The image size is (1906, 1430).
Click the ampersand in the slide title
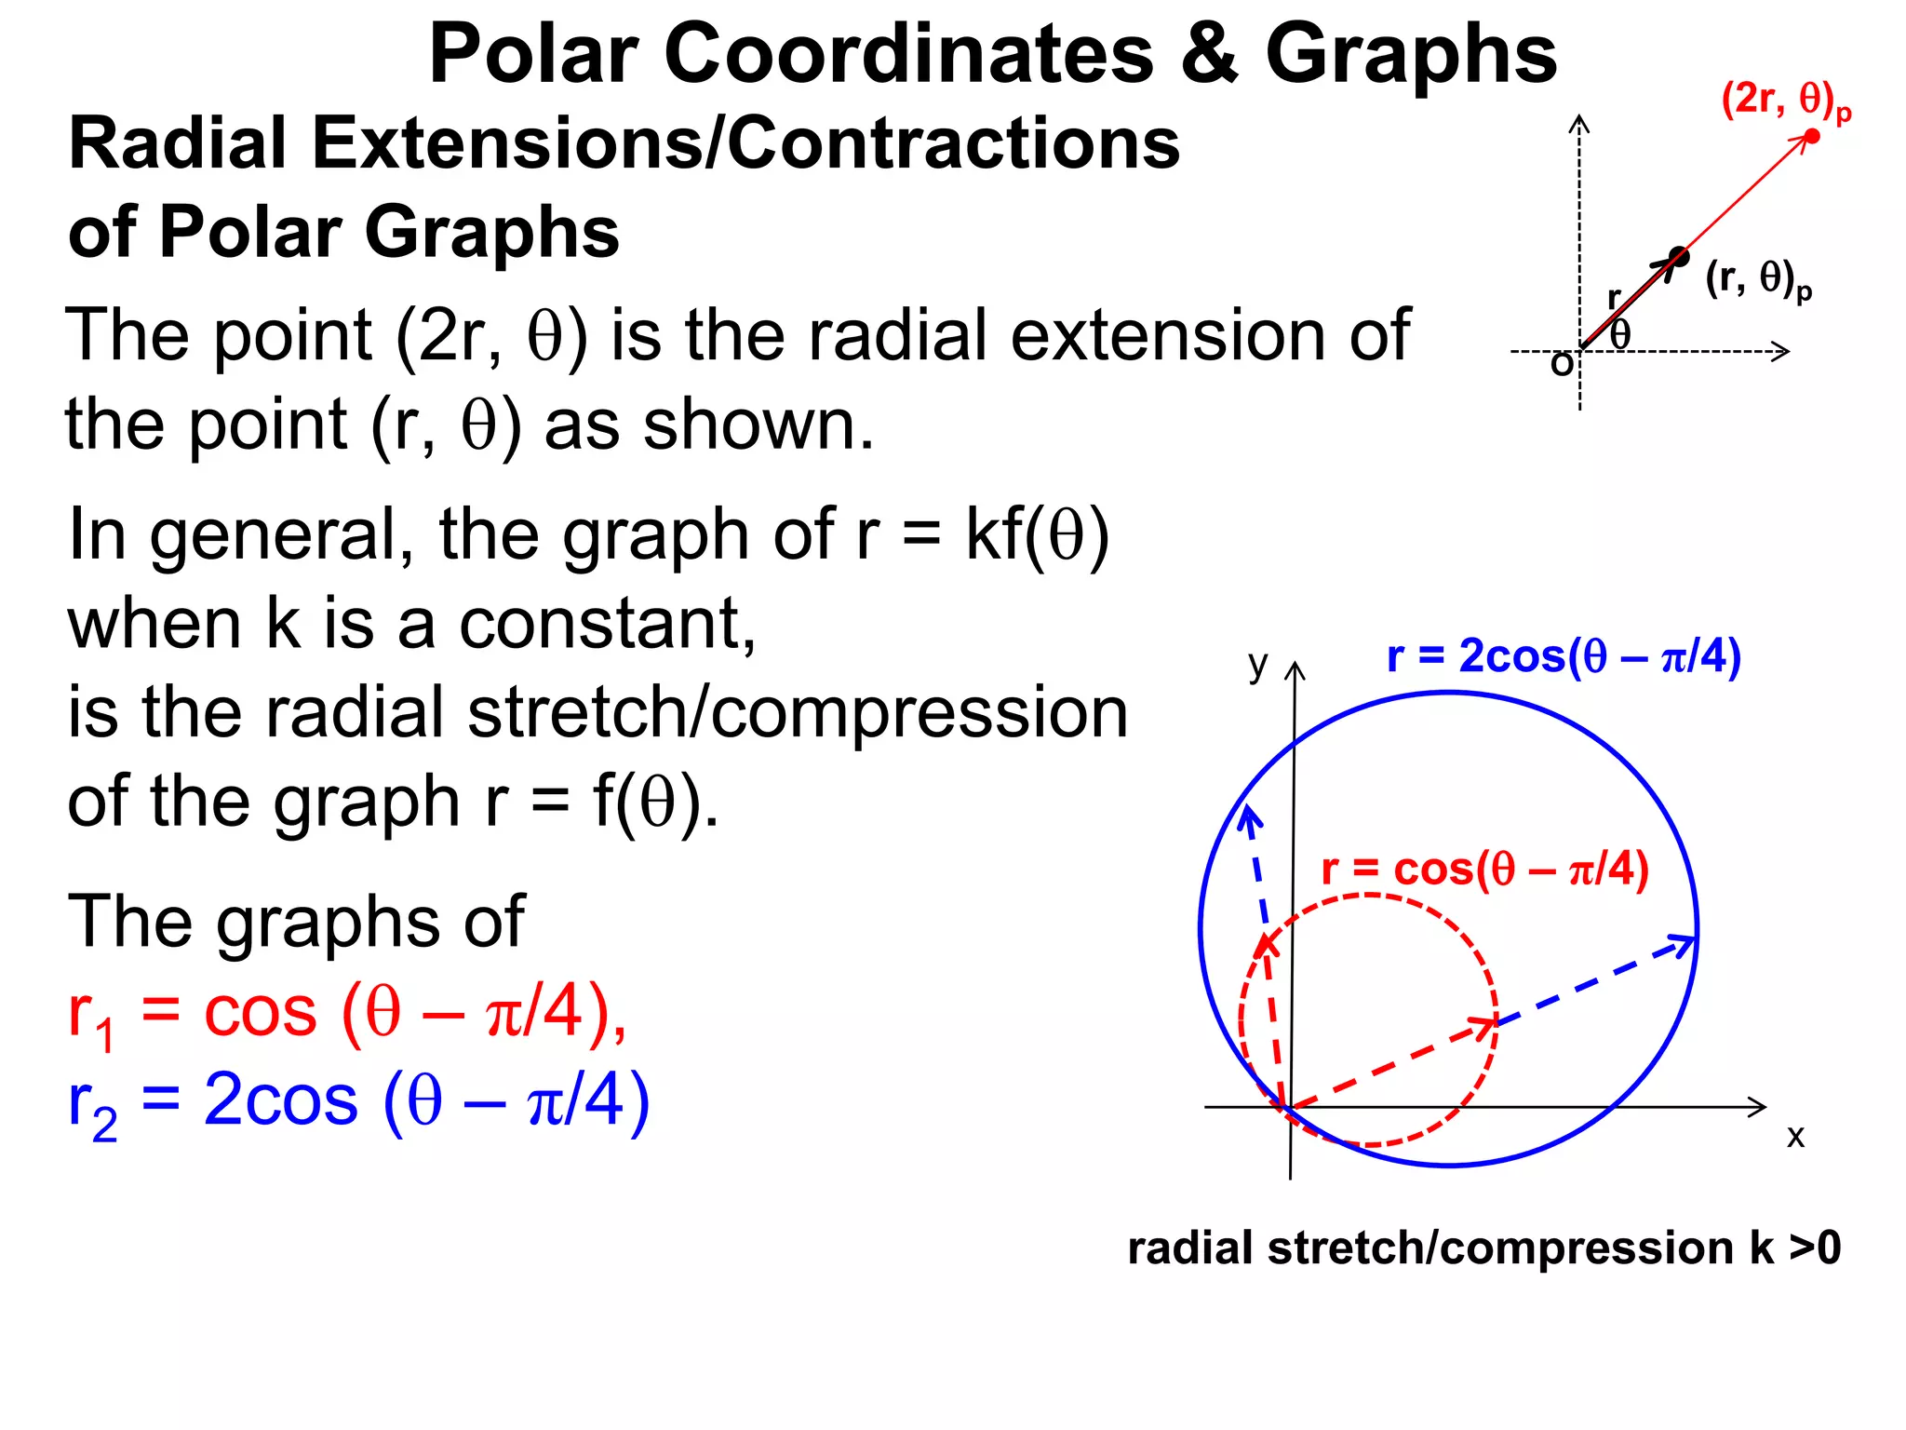[1209, 54]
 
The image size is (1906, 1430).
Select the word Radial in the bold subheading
[177, 144]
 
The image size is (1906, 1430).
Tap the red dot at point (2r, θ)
[1811, 137]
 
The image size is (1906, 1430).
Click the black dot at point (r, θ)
[1678, 256]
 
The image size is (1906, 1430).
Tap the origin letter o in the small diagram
[1561, 363]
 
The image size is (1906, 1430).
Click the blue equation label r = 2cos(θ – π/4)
[1563, 656]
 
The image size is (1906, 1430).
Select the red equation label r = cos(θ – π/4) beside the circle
[1484, 870]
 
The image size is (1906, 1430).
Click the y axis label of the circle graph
[1257, 664]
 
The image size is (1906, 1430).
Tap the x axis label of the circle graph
[1795, 1136]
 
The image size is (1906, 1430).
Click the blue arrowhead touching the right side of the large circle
[1683, 944]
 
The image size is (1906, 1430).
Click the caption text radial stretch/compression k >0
[1483, 1248]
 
